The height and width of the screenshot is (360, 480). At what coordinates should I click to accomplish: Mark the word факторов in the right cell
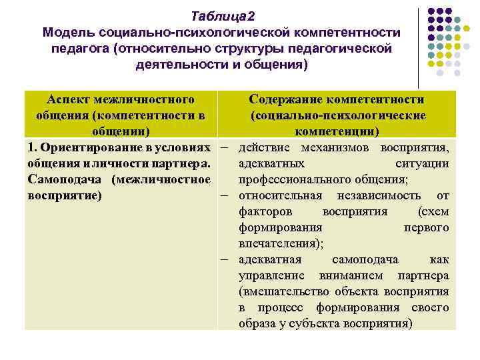click(262, 211)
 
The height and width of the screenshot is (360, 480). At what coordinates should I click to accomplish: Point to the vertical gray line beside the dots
click(417, 47)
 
